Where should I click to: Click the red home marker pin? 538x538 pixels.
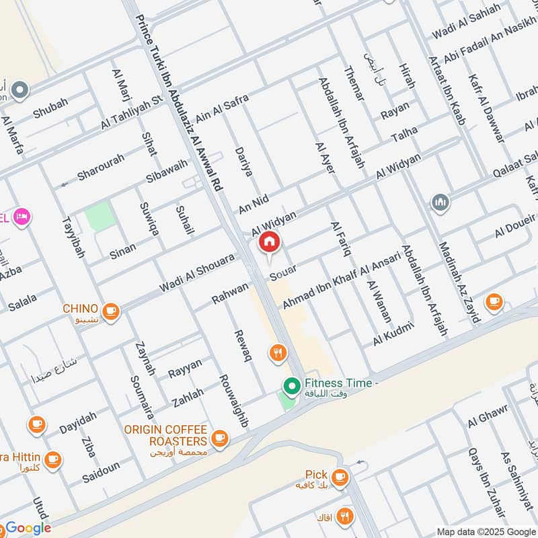[270, 241]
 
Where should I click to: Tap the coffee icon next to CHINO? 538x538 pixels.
[111, 311]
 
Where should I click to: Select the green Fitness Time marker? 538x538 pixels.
[291, 386]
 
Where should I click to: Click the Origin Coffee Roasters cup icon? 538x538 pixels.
[219, 438]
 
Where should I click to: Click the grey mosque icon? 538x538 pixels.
[440, 202]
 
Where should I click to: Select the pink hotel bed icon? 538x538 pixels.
[22, 217]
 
